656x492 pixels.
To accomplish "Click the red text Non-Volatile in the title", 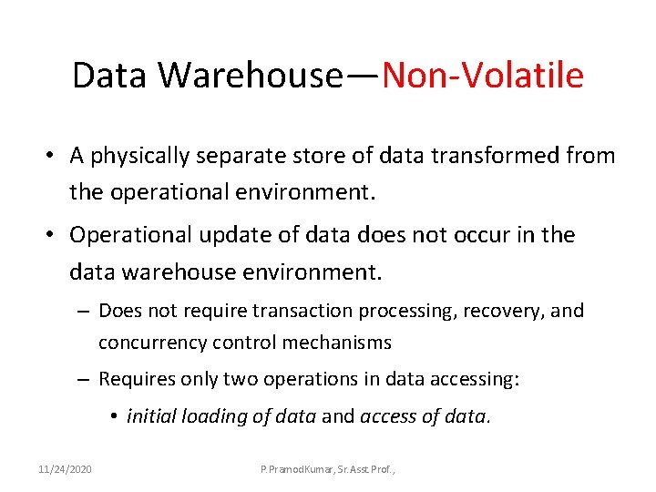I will pos(483,76).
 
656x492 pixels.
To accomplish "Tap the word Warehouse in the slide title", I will pos(249,76).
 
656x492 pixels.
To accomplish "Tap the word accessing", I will pos(474,379).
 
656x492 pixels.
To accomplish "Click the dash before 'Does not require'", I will pos(83,311).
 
